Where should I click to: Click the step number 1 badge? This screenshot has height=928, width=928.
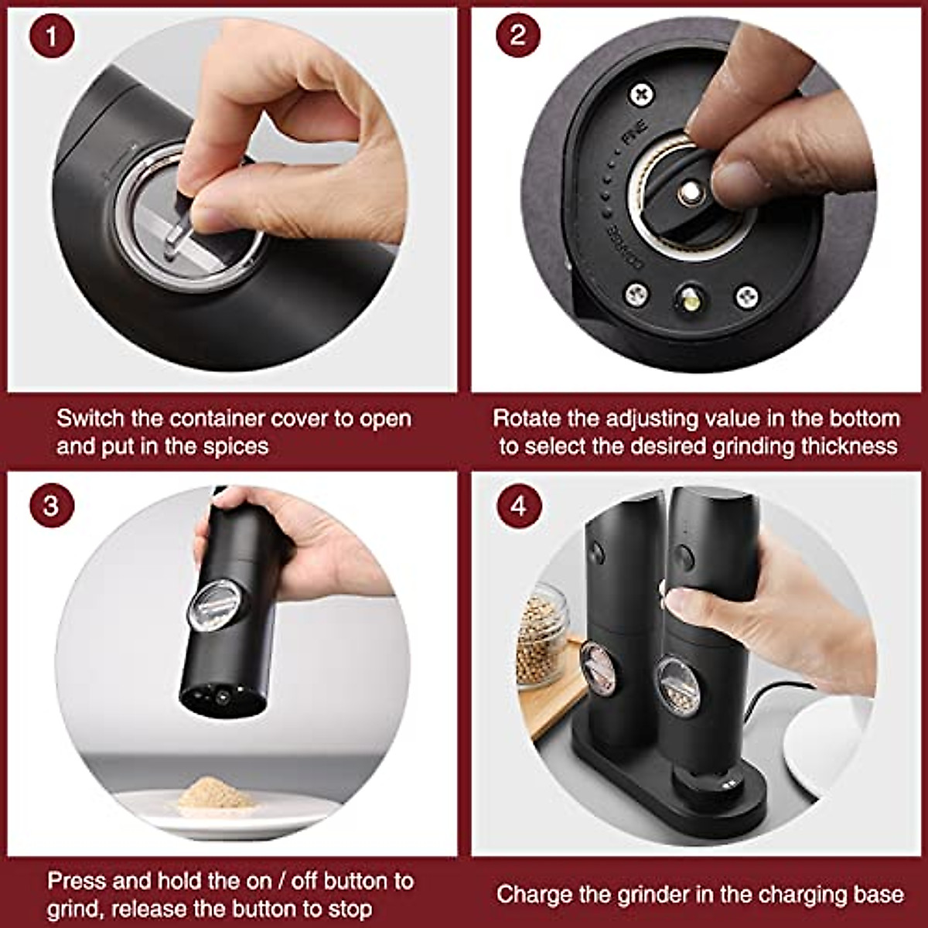click(52, 36)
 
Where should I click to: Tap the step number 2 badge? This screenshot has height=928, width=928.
click(518, 36)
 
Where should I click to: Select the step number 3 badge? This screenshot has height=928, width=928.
click(52, 506)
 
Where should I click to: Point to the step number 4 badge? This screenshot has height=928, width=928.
click(518, 506)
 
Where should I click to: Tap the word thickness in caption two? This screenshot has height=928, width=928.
click(848, 446)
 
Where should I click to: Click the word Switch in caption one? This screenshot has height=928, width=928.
click(90, 418)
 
